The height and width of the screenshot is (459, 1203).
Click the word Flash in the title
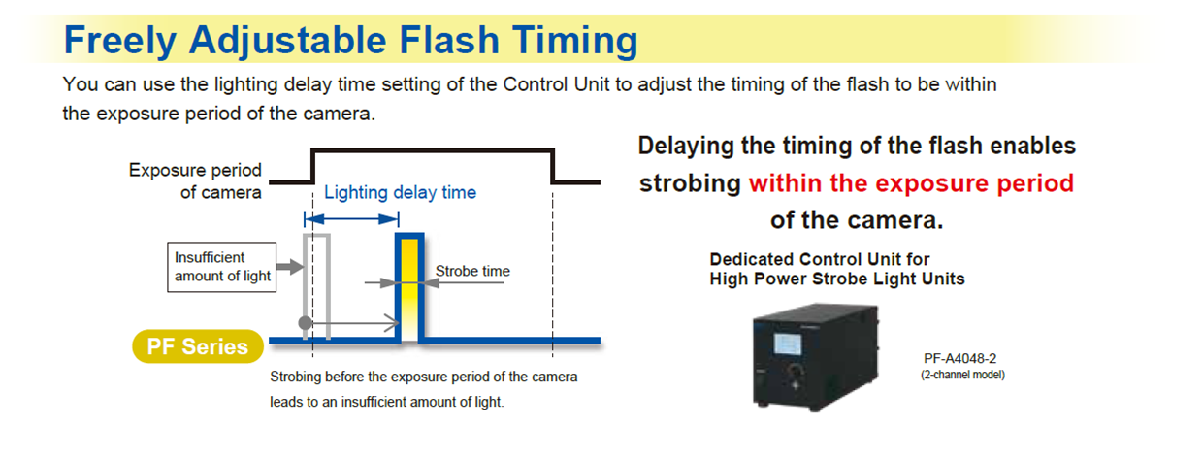(x=449, y=41)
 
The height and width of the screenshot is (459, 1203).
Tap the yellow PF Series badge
(x=198, y=346)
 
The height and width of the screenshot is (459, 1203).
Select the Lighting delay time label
(x=400, y=192)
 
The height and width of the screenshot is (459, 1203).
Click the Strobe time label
(x=472, y=271)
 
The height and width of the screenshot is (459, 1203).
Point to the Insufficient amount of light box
(x=222, y=267)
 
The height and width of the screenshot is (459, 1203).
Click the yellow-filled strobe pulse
(x=409, y=287)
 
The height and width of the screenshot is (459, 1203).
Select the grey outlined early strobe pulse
(x=317, y=286)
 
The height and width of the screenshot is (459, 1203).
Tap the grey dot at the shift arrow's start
(x=306, y=323)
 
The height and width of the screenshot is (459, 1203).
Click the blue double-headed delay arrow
(x=351, y=219)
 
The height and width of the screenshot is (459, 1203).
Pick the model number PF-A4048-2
(x=959, y=358)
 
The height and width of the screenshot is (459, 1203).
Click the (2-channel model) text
(x=962, y=375)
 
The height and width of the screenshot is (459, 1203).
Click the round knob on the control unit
(x=795, y=370)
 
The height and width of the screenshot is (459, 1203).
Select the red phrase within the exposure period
(x=911, y=183)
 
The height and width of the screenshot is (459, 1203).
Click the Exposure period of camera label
(x=195, y=181)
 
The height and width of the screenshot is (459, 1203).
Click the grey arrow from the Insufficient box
(x=290, y=266)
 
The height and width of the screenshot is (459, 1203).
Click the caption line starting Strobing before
(x=423, y=377)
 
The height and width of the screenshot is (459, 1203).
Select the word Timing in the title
(x=574, y=42)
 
